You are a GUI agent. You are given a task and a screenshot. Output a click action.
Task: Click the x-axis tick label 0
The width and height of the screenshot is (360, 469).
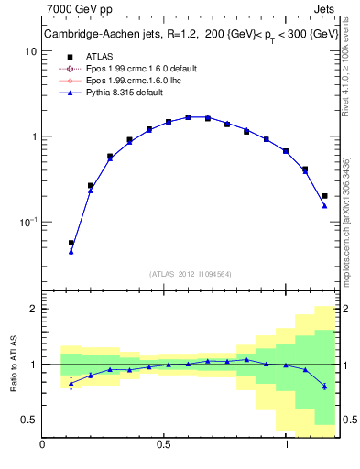point(42,445)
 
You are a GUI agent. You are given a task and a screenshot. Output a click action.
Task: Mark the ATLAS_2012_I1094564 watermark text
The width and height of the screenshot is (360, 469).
point(191,273)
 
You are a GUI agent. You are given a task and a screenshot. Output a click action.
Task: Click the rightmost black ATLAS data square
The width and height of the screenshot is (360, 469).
point(325,195)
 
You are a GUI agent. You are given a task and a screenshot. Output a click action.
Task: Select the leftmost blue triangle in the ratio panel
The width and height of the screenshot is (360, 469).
point(71,383)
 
